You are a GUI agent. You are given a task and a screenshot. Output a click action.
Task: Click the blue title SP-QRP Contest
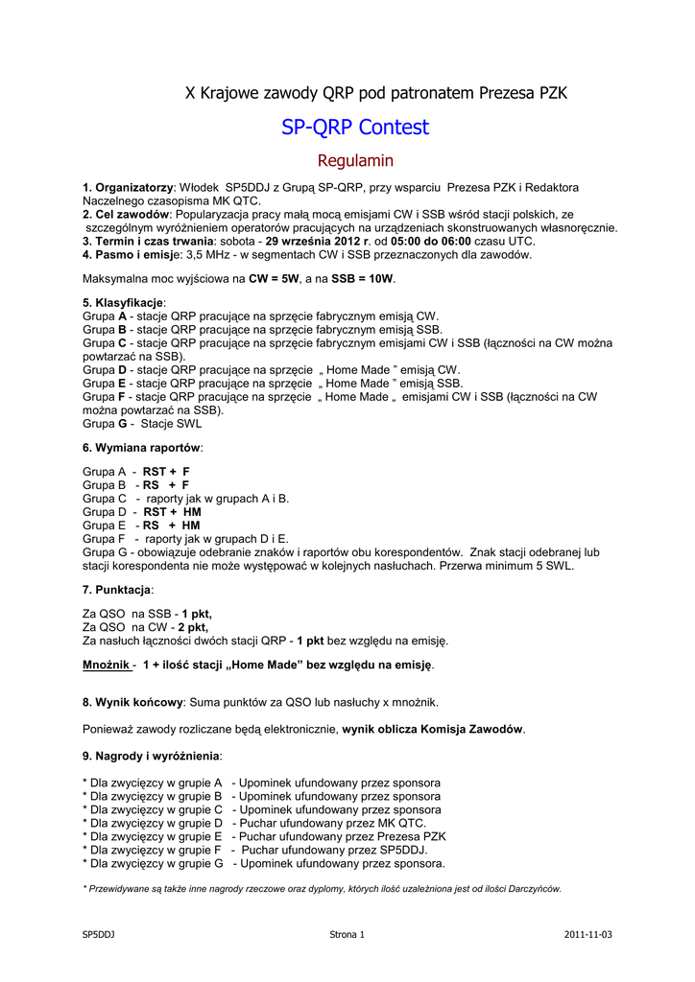click(355, 128)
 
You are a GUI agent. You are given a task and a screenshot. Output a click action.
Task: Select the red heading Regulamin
click(355, 160)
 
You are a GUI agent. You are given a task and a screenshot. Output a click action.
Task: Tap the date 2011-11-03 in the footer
click(587, 934)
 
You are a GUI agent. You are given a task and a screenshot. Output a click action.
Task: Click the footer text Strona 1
click(347, 934)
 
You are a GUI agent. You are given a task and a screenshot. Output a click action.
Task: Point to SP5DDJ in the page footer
click(99, 934)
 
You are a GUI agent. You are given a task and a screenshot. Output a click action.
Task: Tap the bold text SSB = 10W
click(363, 279)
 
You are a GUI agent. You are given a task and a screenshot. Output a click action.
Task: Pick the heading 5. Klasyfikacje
click(124, 303)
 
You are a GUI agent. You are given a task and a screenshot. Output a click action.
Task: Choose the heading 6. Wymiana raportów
click(143, 448)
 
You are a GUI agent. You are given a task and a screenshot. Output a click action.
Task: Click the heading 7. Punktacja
click(117, 589)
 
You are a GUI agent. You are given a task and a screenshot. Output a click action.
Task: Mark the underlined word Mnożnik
click(107, 665)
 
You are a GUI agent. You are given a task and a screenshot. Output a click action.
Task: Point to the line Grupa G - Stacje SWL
click(142, 423)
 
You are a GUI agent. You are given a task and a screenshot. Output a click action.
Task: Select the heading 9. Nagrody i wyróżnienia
click(152, 756)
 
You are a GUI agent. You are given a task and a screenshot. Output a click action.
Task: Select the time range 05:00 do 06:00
click(429, 242)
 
